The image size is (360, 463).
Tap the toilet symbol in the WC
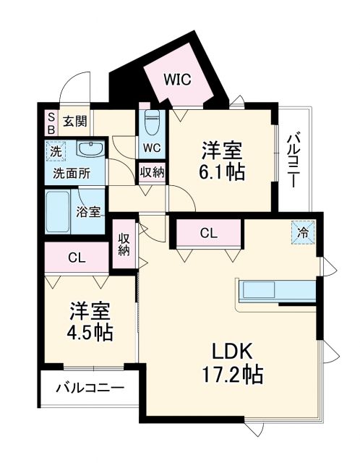click(x=152, y=123)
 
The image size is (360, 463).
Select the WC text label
click(x=152, y=148)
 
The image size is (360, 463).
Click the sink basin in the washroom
click(x=90, y=150)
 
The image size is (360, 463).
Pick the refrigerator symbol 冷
click(x=304, y=233)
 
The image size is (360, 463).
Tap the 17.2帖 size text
click(x=231, y=375)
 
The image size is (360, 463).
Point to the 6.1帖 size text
click(x=221, y=172)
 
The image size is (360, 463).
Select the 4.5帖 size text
click(x=91, y=332)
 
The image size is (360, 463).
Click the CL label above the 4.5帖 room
click(x=77, y=258)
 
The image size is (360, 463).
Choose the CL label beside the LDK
click(x=208, y=233)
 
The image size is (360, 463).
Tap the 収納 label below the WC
click(x=152, y=172)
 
